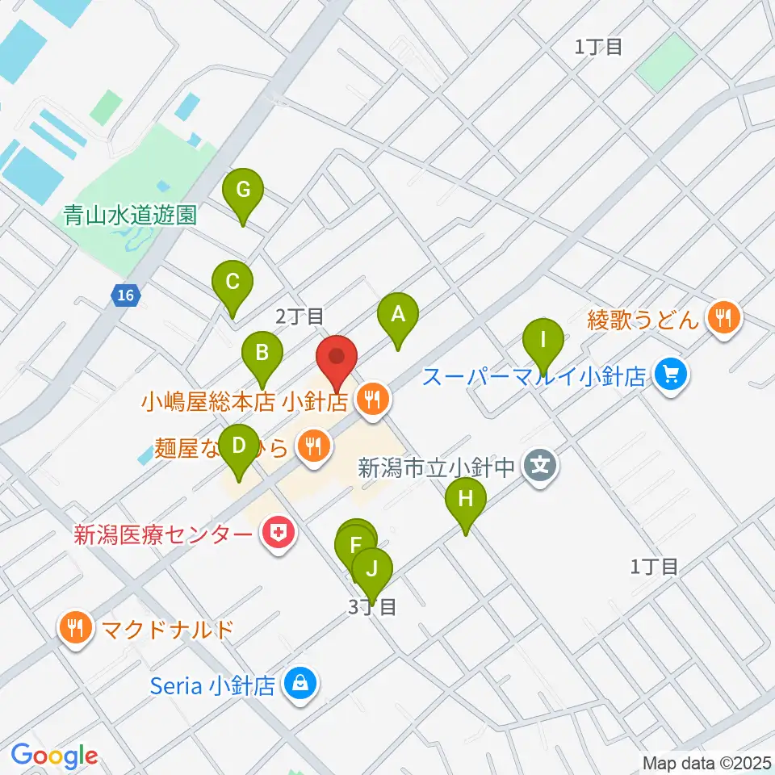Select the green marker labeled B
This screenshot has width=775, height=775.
pyautogui.click(x=262, y=354)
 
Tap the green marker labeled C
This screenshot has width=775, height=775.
pyautogui.click(x=232, y=283)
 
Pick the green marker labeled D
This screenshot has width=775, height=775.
pyautogui.click(x=239, y=446)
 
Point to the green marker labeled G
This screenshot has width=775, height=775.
pyautogui.click(x=243, y=191)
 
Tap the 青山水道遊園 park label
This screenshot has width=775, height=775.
pyautogui.click(x=131, y=216)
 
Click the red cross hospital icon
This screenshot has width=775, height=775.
pyautogui.click(x=279, y=533)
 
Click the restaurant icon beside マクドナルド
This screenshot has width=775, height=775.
pyautogui.click(x=75, y=627)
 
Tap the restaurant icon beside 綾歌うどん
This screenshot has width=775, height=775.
pyautogui.click(x=721, y=318)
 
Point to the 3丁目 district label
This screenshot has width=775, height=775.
pyautogui.click(x=372, y=607)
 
